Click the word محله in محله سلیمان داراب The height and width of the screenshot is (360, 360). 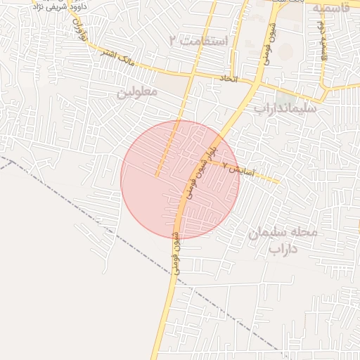[x=304, y=232]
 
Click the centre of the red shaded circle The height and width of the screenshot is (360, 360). [x=180, y=179]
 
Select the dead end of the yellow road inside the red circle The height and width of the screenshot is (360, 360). [x=156, y=176]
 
